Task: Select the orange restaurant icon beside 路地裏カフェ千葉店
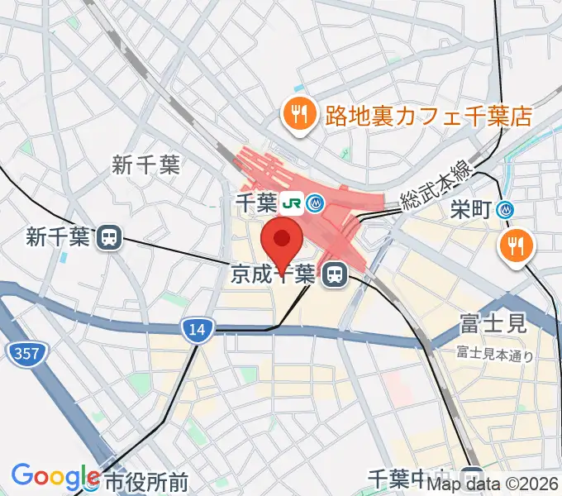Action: tap(298, 114)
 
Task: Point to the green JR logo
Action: tap(290, 202)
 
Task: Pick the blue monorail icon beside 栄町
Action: tap(506, 211)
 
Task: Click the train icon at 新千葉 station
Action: tap(108, 238)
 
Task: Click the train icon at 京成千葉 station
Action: tap(334, 274)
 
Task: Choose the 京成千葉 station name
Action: tap(271, 274)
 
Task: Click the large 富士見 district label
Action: tap(493, 322)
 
